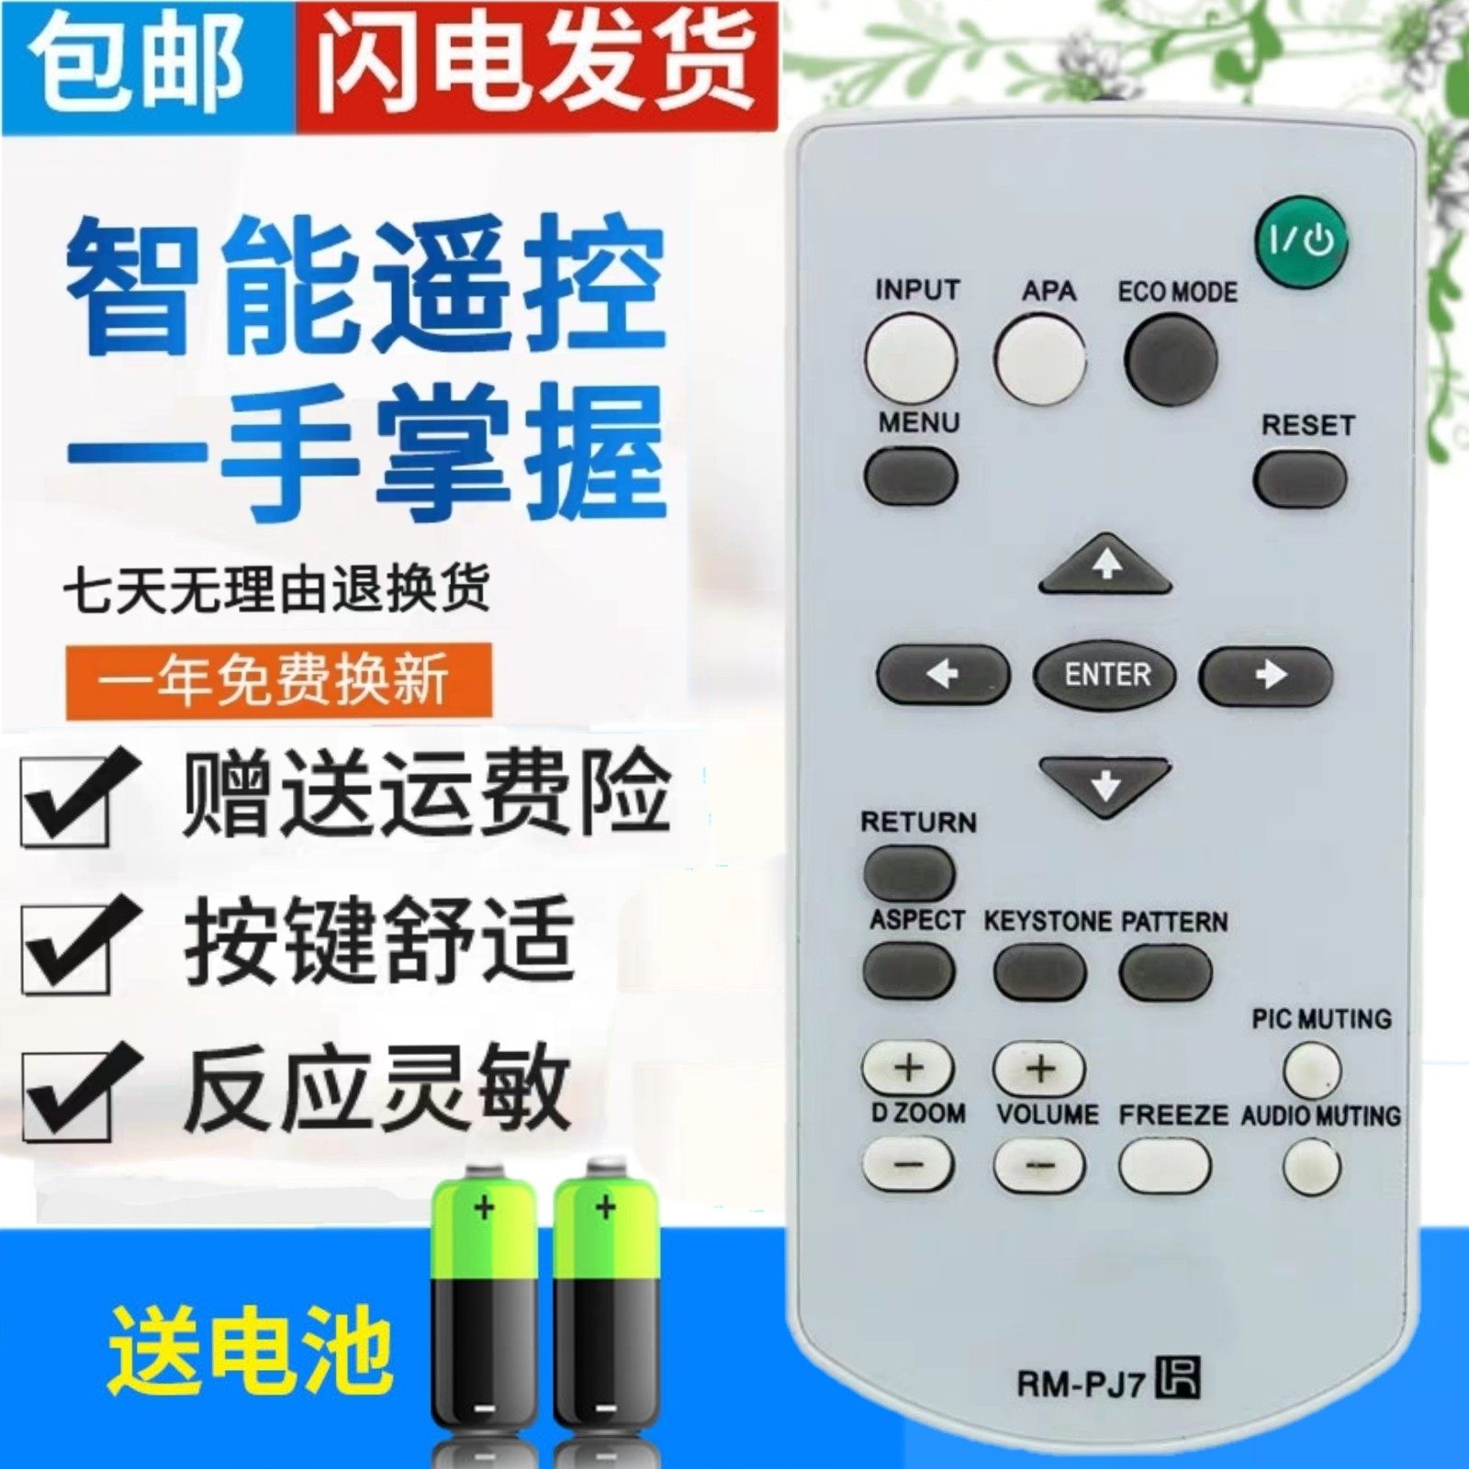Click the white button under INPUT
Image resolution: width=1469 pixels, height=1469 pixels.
tap(910, 358)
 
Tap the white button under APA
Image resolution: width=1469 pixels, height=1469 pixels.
tap(1038, 358)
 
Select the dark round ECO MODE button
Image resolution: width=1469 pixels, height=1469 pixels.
tap(1172, 358)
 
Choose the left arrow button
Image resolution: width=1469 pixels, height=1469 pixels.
tap(943, 675)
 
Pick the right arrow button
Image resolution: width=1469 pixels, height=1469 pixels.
tap(1265, 675)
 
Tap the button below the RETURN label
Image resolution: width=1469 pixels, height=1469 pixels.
tap(909, 871)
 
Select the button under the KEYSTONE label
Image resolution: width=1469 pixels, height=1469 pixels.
tap(1039, 971)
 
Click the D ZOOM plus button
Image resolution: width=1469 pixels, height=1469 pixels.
tap(908, 1068)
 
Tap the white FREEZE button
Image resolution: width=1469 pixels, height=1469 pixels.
tap(1164, 1165)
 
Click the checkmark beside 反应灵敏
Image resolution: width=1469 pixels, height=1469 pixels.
tap(78, 1093)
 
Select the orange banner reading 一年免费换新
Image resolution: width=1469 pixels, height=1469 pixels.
tap(279, 680)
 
